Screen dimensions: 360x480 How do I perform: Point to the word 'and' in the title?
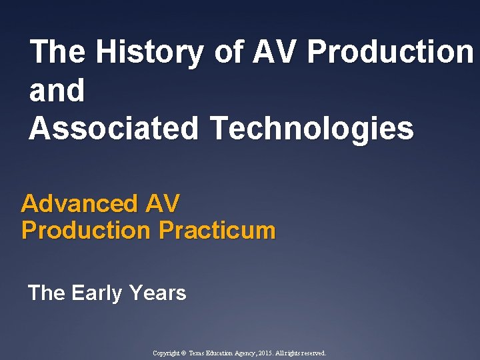57,91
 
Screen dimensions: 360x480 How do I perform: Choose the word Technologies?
312,128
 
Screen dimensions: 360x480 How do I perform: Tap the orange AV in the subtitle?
164,203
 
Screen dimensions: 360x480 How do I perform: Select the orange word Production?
86,231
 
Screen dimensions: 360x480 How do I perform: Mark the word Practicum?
217,231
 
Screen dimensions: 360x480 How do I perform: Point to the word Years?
158,293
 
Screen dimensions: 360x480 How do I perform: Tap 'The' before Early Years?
47,293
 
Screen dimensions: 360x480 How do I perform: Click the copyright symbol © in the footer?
184,353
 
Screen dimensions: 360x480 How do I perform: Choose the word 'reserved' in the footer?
312,353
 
